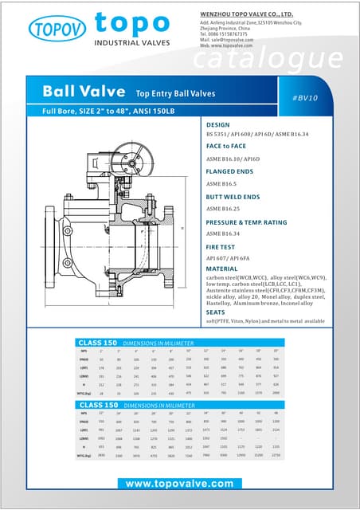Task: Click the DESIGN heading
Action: pyautogui.click(x=217, y=125)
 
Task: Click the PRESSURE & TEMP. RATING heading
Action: pyautogui.click(x=256, y=222)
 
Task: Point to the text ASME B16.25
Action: pyautogui.click(x=225, y=208)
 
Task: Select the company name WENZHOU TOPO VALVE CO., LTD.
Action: pyautogui.click(x=246, y=14)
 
